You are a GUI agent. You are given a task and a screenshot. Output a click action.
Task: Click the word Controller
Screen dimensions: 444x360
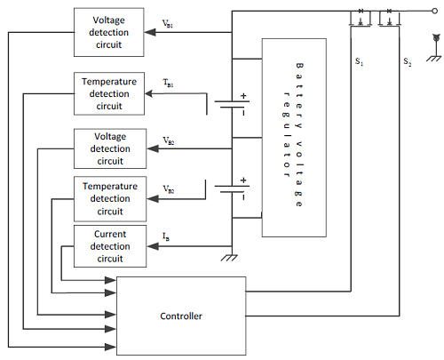181,316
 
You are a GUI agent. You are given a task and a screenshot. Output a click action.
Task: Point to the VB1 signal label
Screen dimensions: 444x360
168,24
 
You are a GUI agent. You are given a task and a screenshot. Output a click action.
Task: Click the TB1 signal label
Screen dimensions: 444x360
168,83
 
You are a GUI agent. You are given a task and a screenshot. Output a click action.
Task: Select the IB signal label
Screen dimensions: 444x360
166,236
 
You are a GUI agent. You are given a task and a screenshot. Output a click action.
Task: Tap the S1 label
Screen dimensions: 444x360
359,61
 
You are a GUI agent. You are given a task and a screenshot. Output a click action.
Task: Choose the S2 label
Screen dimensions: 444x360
408,62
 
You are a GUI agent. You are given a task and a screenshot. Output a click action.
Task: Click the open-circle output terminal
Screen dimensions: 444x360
434,12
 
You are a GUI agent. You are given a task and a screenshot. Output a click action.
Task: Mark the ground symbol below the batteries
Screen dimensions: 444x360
229,258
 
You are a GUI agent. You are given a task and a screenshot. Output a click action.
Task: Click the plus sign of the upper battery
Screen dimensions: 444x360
243,96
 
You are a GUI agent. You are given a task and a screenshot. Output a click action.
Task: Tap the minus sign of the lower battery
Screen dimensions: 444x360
243,196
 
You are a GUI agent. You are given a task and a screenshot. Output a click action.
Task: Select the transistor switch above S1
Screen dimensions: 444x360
361,18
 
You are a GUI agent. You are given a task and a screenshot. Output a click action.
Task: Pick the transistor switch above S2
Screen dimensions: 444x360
390,18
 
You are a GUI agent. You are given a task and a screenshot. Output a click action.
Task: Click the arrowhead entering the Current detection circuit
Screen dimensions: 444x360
153,246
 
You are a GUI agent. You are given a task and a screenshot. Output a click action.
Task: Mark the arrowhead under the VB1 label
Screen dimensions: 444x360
150,32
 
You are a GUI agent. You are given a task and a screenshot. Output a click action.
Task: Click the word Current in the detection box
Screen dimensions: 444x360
110,234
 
